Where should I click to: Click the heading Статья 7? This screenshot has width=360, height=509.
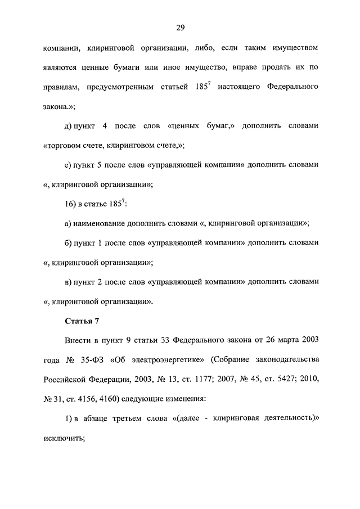(x=82, y=321)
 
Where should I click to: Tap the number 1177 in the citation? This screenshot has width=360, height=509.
(x=200, y=380)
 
